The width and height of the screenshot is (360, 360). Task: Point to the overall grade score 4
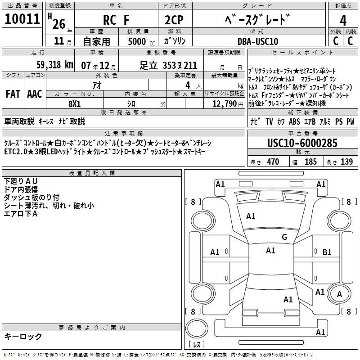343,21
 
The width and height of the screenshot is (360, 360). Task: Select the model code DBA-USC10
258,41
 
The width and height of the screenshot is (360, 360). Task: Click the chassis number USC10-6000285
302,144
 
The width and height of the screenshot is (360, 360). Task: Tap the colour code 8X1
74,103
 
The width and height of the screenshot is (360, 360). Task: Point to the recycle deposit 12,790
227,104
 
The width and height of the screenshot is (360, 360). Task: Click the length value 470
273,162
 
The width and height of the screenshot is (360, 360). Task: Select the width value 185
310,162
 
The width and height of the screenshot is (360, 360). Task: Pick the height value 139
346,162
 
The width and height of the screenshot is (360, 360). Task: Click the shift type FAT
13,94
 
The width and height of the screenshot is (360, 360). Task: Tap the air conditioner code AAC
35,94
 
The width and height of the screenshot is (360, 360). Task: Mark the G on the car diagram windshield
284,237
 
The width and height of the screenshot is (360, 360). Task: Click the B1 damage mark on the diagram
327,252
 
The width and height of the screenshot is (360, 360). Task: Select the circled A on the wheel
339,294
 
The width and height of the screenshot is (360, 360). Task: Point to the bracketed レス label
196,345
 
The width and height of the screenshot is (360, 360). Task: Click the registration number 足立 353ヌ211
168,65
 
